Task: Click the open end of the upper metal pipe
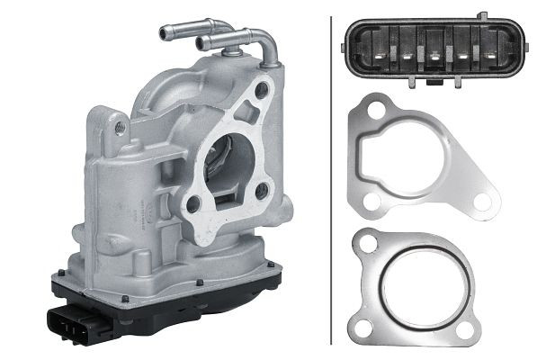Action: coord(165,33)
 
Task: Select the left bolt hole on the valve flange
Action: coord(192,203)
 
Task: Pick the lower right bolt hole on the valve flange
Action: coord(262,190)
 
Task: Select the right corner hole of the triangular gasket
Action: coord(484,198)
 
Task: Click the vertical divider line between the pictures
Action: coord(331,180)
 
